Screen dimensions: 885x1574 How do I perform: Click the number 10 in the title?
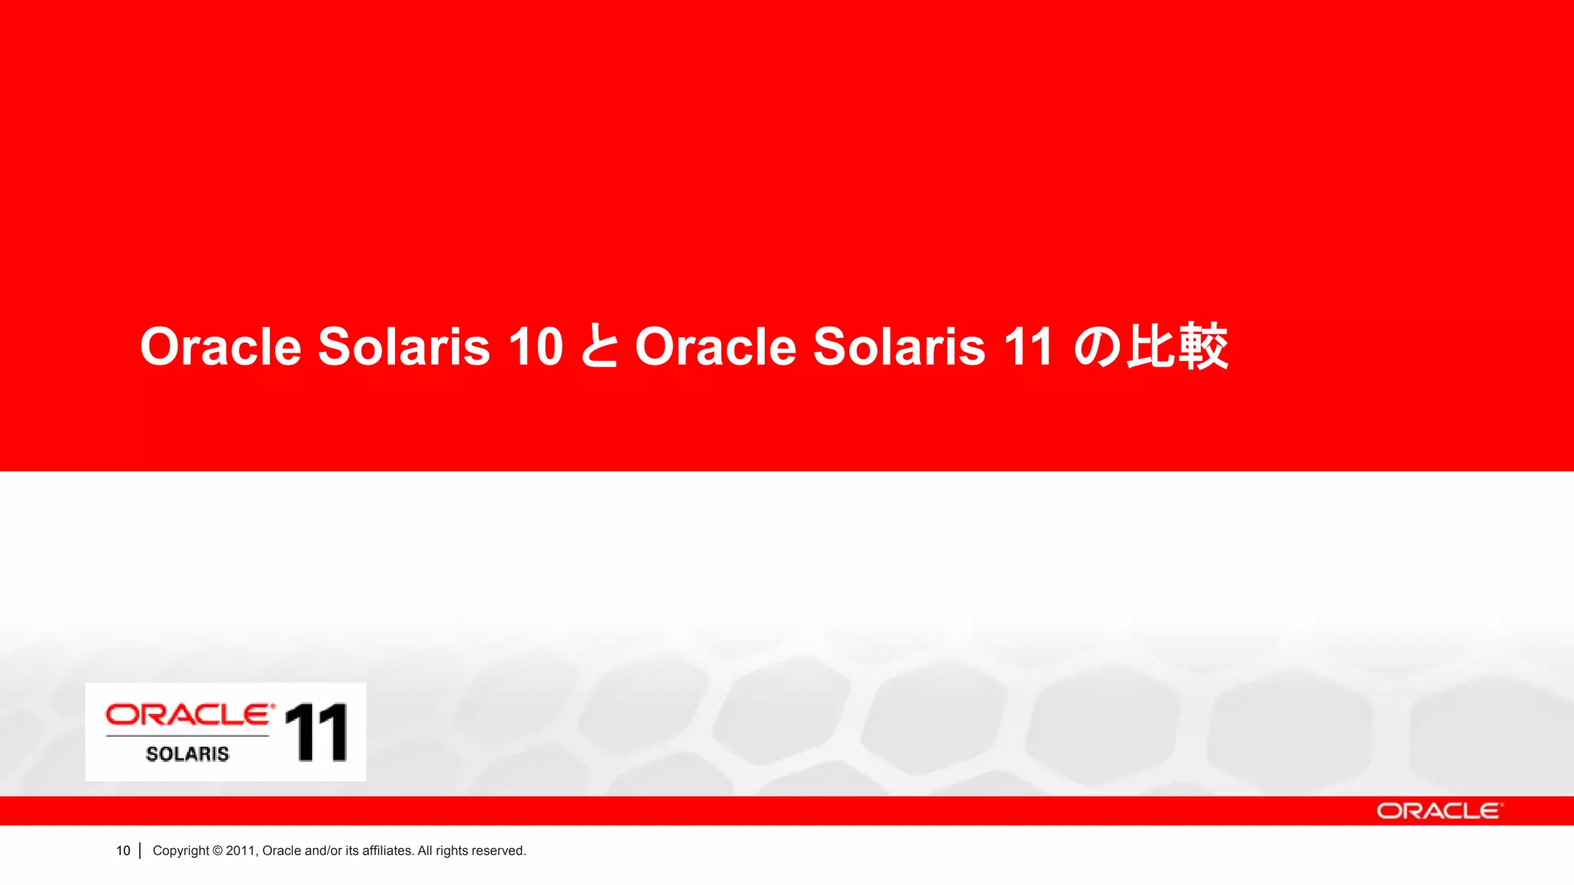tap(536, 346)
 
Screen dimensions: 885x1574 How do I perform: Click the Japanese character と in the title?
tap(599, 346)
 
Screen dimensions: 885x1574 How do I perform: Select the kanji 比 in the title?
tap(1150, 346)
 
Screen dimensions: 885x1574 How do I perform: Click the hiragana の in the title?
tap(1097, 346)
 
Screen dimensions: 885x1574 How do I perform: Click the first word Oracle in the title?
tap(221, 346)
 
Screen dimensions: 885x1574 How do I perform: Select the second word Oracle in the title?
tap(716, 346)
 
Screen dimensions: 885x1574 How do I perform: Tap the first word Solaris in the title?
tap(403, 346)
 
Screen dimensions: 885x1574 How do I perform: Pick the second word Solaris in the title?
tap(898, 346)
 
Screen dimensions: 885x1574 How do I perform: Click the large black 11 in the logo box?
tap(316, 733)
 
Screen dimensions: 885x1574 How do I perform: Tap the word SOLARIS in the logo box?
tap(188, 754)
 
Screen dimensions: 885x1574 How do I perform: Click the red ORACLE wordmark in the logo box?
tap(189, 714)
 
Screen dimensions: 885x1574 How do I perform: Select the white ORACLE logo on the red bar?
tap(1439, 811)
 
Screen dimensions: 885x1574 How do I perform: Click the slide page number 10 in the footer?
tap(123, 850)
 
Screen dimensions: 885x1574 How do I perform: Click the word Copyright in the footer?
tap(181, 850)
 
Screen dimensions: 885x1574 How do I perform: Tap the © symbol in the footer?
tap(218, 850)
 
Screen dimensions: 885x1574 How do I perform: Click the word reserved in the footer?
tap(499, 850)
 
